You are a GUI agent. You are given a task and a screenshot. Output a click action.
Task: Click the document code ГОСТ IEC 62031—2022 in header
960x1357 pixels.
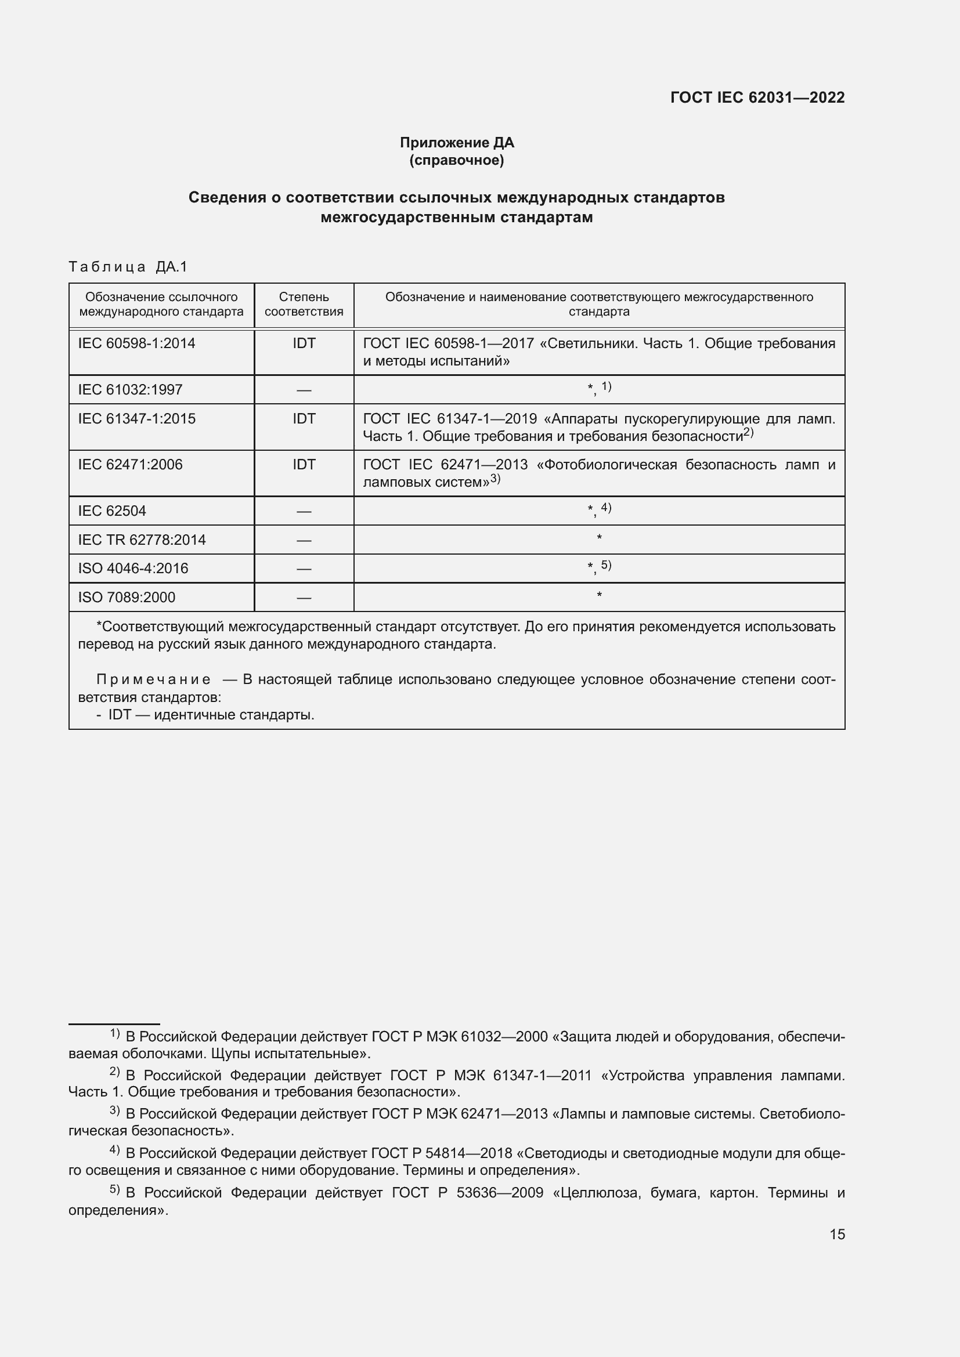point(757,98)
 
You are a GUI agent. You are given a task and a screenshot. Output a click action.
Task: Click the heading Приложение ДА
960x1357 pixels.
point(457,143)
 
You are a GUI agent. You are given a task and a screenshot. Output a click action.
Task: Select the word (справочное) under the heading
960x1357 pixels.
point(457,160)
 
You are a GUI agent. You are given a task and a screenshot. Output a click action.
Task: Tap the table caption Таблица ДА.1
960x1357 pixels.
point(128,267)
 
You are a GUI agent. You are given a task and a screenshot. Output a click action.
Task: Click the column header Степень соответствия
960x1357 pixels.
point(304,305)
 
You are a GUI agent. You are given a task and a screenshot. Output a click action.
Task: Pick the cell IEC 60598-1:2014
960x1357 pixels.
point(136,343)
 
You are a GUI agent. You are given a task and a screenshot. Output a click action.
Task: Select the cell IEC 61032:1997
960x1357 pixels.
point(130,389)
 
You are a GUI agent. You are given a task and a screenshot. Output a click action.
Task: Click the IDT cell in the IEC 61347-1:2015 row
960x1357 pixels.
point(304,419)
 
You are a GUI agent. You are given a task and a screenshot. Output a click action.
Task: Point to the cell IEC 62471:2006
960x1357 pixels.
point(130,465)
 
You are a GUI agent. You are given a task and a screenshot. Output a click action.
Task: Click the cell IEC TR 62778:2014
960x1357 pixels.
point(142,540)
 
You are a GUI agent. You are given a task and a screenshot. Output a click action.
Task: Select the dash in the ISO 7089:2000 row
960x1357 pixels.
point(304,598)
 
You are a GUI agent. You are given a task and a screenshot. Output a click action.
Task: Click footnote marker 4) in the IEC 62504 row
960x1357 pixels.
point(606,508)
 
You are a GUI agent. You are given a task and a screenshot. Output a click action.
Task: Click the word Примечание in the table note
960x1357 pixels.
point(153,680)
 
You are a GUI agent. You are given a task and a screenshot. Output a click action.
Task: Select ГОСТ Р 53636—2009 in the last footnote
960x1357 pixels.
point(467,1193)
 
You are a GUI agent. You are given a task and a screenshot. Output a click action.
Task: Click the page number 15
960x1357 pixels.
point(837,1235)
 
